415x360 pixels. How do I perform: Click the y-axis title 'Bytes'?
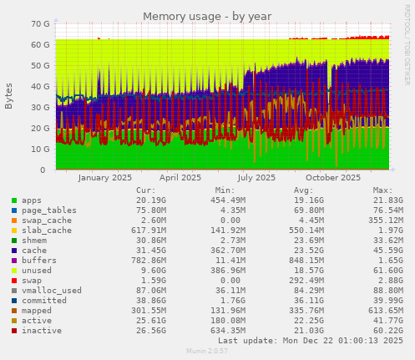point(9,96)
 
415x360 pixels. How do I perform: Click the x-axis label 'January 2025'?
point(104,177)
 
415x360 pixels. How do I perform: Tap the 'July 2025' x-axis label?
point(256,177)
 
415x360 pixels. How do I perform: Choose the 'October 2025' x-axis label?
point(333,177)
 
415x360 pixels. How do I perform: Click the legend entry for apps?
point(31,200)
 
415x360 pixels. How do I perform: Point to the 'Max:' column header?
point(382,190)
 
